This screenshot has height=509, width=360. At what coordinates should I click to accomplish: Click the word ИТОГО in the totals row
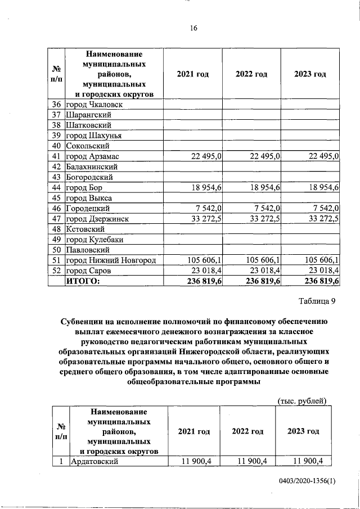83,281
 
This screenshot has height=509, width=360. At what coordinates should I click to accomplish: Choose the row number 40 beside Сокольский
56,146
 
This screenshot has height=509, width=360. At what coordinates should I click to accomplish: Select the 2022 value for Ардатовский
251,462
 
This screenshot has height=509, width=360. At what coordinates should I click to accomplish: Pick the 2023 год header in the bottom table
303,431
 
